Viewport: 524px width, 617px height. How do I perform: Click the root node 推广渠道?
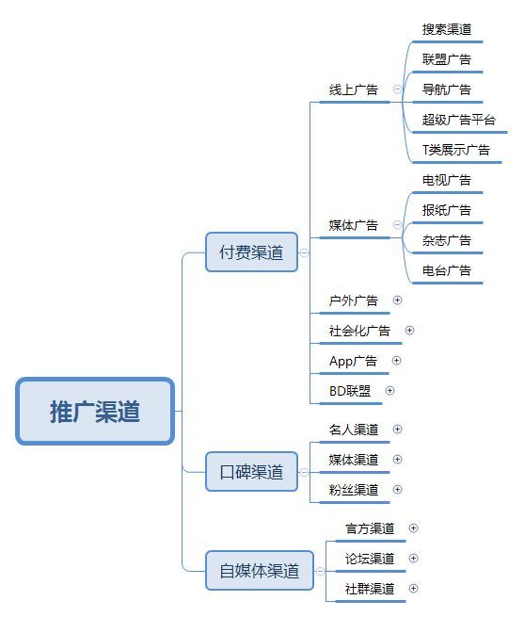click(x=95, y=412)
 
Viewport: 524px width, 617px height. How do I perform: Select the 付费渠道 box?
click(x=251, y=252)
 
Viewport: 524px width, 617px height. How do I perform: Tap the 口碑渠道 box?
click(x=251, y=472)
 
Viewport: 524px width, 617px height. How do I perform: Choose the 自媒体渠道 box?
click(x=260, y=571)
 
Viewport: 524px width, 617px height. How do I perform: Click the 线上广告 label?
click(x=354, y=89)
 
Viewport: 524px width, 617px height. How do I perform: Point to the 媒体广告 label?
click(x=354, y=225)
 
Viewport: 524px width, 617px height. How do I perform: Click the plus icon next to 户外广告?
click(x=397, y=300)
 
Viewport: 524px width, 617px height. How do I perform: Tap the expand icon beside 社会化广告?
click(x=409, y=330)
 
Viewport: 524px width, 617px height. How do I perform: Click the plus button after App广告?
click(x=397, y=361)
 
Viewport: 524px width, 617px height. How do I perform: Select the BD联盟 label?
click(x=350, y=391)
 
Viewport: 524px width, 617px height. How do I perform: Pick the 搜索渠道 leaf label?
click(x=447, y=29)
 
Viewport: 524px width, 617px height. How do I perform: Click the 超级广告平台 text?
click(x=459, y=120)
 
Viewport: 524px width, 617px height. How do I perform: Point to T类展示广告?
click(x=456, y=150)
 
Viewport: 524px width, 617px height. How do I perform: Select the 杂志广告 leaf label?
click(x=447, y=240)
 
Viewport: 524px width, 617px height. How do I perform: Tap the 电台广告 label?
click(x=447, y=270)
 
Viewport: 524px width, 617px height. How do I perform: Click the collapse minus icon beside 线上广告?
click(x=397, y=89)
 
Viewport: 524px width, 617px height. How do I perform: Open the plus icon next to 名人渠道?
click(x=397, y=429)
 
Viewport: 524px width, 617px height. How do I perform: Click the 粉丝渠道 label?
click(x=354, y=490)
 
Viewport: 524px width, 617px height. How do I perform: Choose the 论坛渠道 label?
click(x=370, y=559)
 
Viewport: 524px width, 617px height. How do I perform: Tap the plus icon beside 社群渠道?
click(x=413, y=589)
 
